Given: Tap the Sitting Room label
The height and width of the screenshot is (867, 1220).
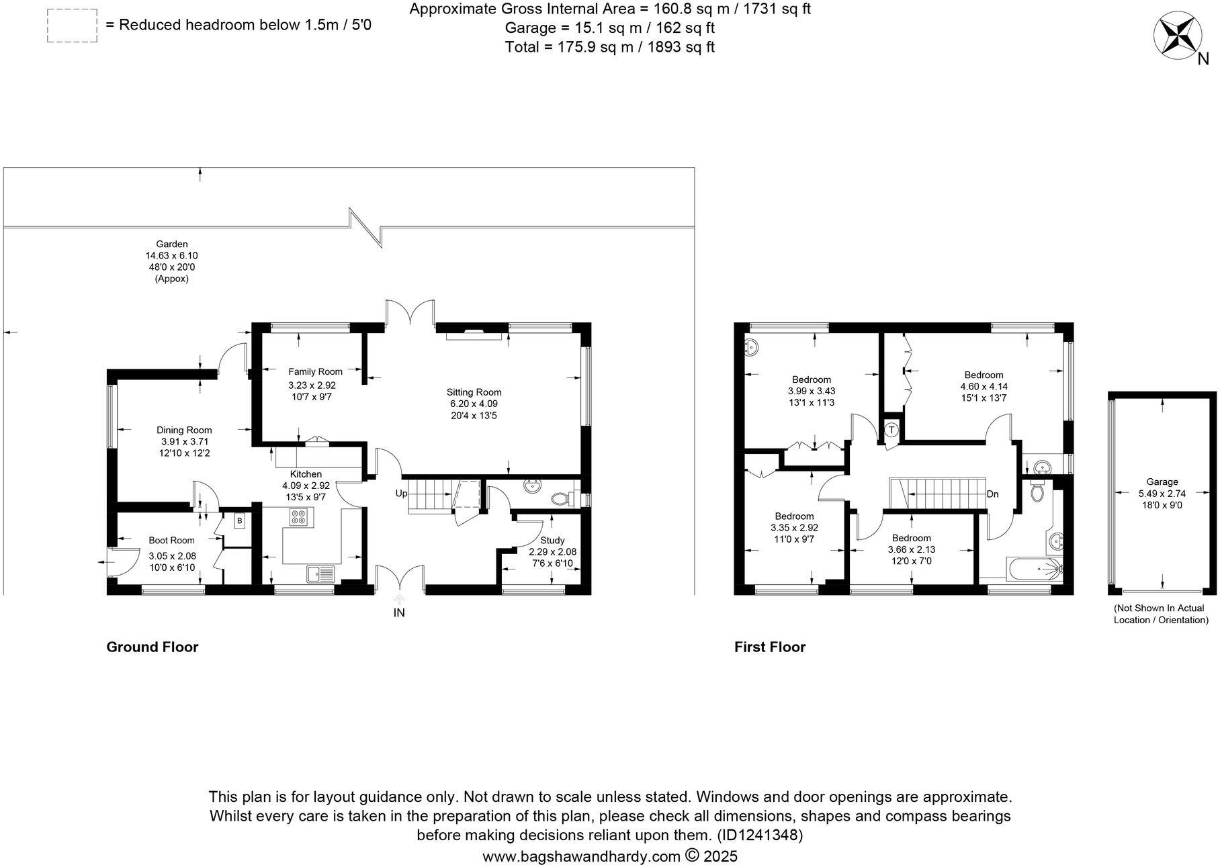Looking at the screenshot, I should (474, 392).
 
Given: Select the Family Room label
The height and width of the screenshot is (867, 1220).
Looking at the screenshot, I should (315, 371).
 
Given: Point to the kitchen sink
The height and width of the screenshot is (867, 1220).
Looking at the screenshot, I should (320, 574).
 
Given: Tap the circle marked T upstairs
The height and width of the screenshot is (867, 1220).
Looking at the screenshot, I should (891, 430).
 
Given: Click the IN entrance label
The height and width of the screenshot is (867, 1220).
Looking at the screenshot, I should (399, 612).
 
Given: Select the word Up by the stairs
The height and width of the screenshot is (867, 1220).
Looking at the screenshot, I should (401, 494).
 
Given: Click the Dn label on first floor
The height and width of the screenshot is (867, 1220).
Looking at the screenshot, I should (992, 494).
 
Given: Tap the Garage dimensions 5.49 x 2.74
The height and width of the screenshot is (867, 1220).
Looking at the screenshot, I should (1162, 493).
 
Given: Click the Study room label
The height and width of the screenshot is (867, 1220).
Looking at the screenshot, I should (552, 540).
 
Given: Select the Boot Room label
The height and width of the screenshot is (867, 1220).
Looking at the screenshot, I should (171, 540).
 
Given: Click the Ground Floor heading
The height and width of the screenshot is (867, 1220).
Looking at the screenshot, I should (152, 647).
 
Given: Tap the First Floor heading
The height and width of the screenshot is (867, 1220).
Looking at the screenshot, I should (769, 647).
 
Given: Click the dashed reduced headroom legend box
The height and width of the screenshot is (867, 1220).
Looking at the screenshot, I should (72, 26).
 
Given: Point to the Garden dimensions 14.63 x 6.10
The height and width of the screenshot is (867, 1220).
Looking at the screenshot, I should (171, 256).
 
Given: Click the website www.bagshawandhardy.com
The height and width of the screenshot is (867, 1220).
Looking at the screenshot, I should (582, 856).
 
